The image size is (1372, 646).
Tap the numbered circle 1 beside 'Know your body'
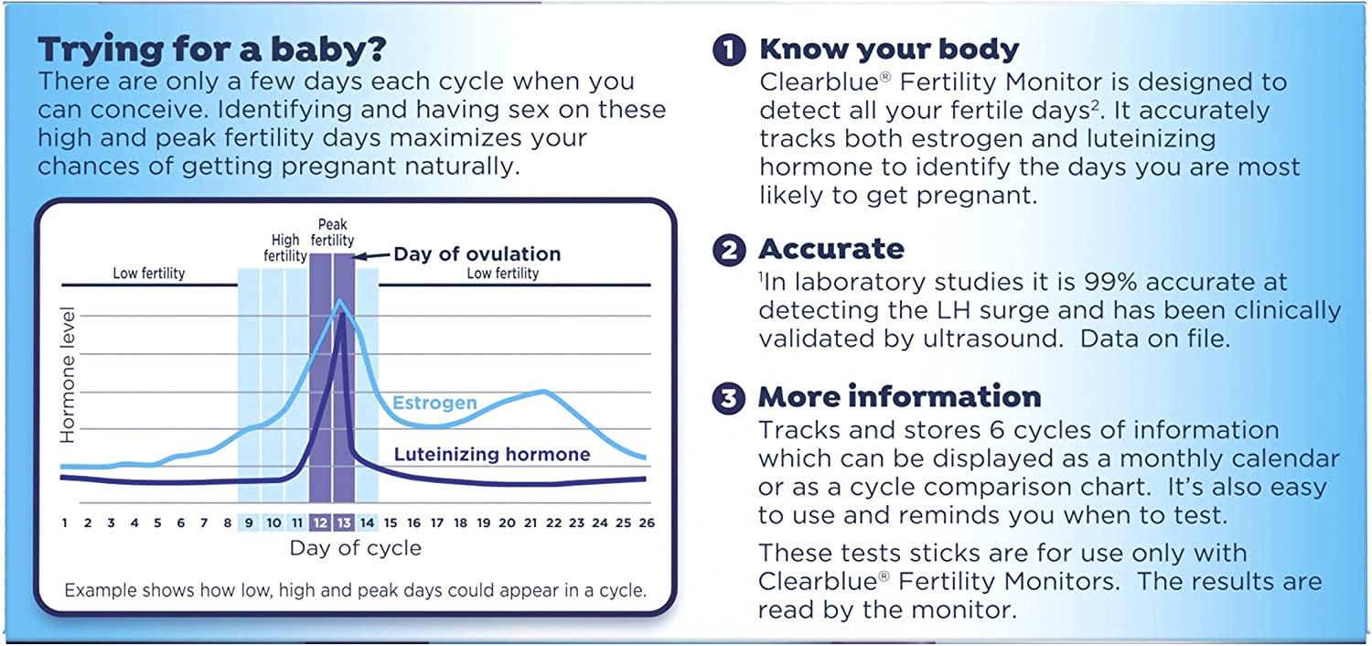728,49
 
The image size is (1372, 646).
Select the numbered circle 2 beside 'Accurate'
728,250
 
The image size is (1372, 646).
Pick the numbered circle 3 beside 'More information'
728,397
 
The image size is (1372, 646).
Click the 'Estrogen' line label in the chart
434,403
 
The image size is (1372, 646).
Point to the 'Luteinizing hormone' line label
491,455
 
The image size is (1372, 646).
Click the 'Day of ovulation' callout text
477,253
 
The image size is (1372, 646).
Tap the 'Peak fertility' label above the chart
331,232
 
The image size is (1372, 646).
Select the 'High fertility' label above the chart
285,248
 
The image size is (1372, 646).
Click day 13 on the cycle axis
344,522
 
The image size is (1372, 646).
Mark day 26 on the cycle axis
646,522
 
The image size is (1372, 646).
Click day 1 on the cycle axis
65,522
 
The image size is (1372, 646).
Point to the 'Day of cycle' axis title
356,548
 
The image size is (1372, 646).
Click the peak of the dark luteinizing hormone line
342,315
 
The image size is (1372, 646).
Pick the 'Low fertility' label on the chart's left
148,273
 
